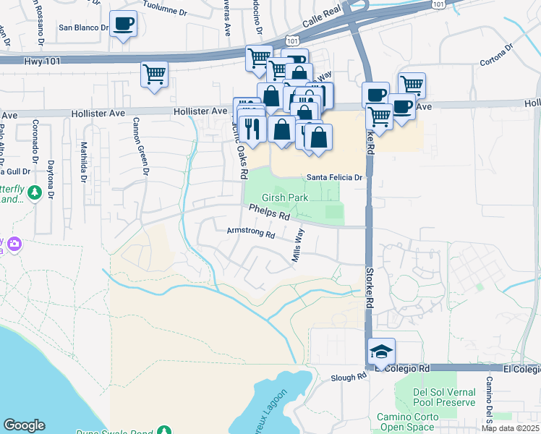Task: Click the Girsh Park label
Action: click(285, 197)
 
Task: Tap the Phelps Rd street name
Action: click(269, 212)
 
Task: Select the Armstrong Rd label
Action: click(251, 234)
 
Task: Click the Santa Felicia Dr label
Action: click(333, 176)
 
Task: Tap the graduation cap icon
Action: click(381, 352)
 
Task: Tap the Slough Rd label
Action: click(350, 378)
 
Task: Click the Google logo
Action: click(24, 425)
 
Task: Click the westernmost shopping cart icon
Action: click(155, 74)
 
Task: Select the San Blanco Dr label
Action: click(83, 28)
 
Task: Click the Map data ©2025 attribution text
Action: click(511, 428)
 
